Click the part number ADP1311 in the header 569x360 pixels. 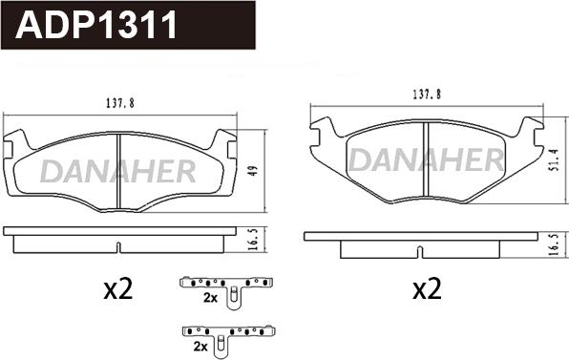(x=95, y=25)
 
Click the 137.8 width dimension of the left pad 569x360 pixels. (x=120, y=103)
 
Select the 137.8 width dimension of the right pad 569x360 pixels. (x=427, y=95)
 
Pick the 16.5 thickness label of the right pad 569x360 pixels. (x=554, y=244)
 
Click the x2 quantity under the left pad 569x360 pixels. (x=118, y=290)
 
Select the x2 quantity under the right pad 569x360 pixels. (x=427, y=290)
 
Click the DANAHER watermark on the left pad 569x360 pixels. (x=118, y=171)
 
